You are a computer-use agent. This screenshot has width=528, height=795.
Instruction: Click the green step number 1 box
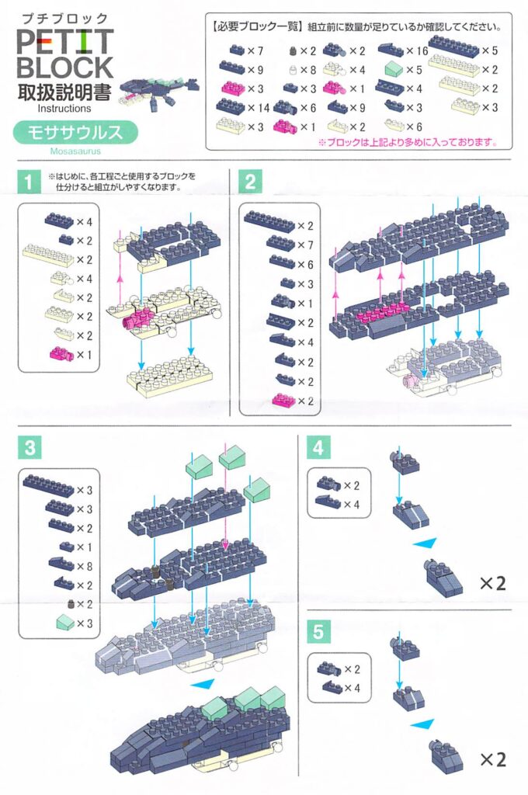tap(29, 183)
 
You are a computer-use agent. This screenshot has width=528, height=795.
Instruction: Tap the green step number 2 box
tap(250, 183)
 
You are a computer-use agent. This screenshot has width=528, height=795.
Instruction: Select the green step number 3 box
tap(29, 447)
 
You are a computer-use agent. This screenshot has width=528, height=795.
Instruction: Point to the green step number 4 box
tap(317, 448)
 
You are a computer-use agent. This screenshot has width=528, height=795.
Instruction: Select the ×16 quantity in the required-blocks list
tap(418, 51)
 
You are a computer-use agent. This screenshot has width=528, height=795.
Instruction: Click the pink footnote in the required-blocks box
tap(407, 143)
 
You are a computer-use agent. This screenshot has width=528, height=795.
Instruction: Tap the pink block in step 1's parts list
tap(59, 354)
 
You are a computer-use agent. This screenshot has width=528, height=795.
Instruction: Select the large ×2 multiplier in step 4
tap(492, 583)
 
